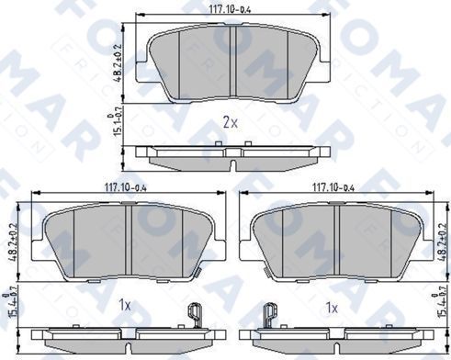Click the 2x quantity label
pyautogui.click(x=229, y=123)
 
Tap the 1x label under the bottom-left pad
pyautogui.click(x=125, y=305)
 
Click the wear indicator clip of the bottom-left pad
pyautogui.click(x=194, y=315)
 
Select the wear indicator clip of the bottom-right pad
pyautogui.click(x=269, y=315)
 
